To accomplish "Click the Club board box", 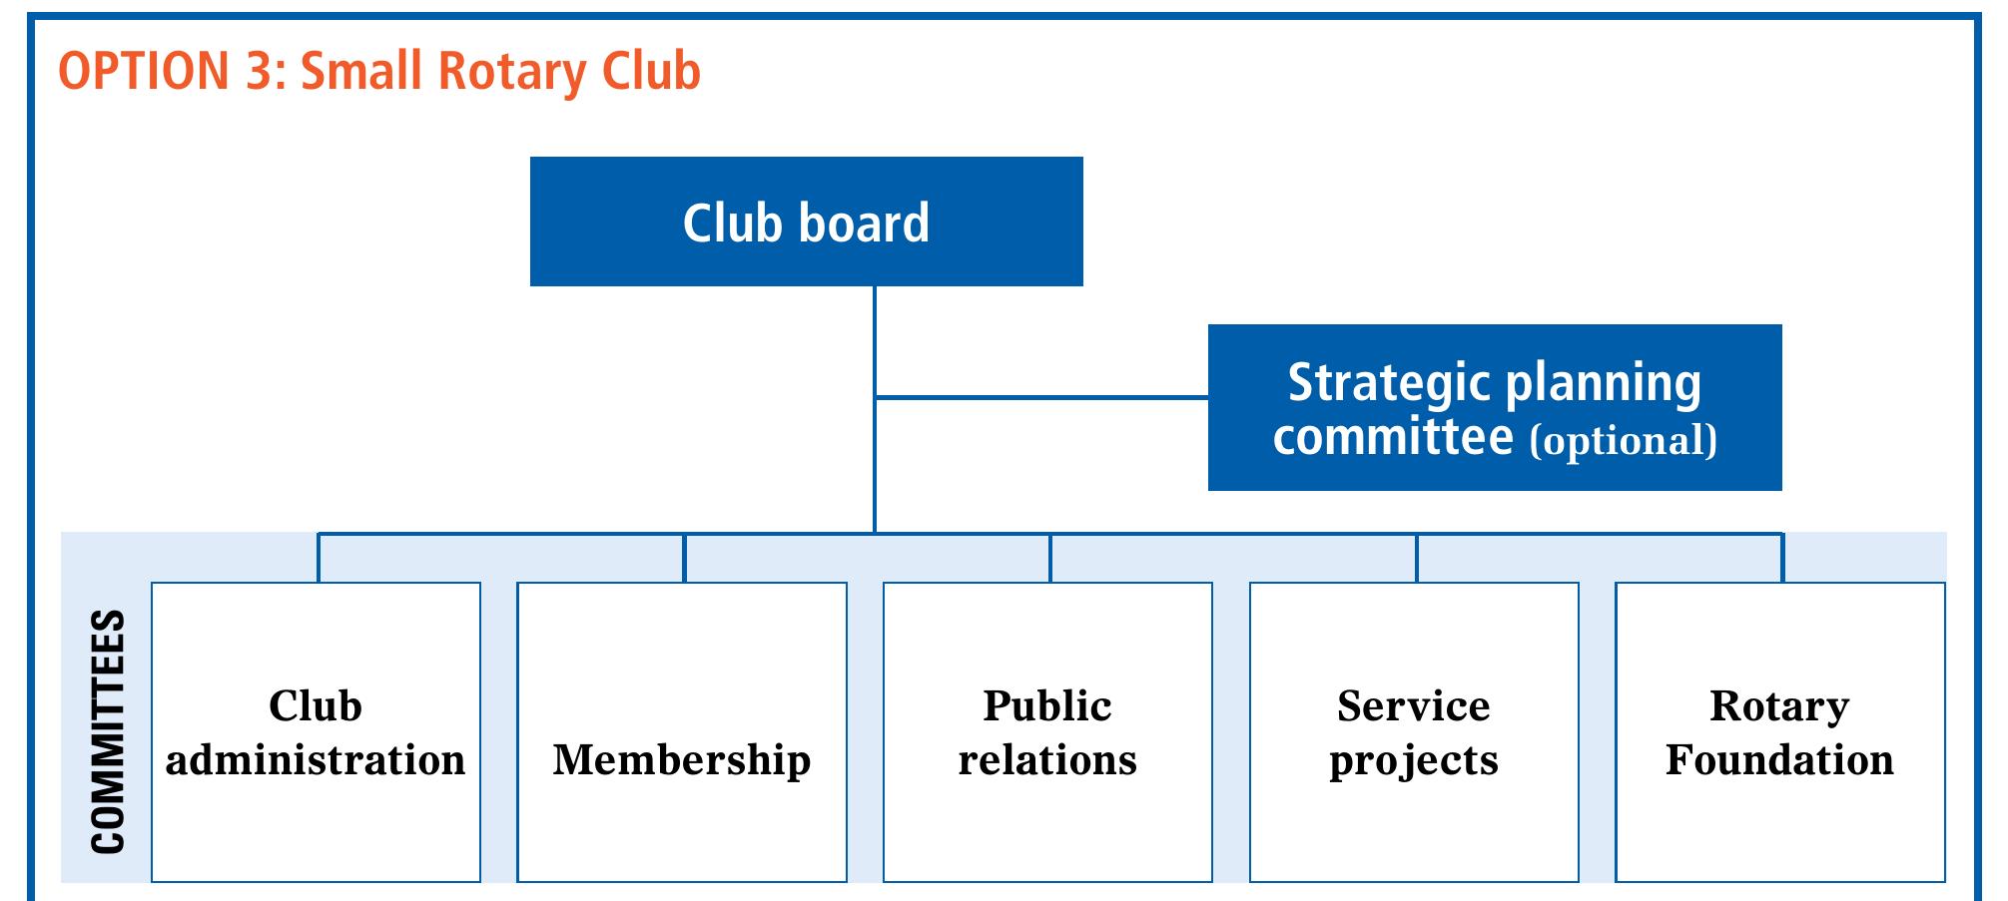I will pyautogui.click(x=806, y=222).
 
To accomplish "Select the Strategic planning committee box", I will pyautogui.click(x=1494, y=407).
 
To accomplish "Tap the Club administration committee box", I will pyautogui.click(x=316, y=731).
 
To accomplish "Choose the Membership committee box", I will pyautogui.click(x=682, y=731).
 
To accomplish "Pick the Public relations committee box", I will pyautogui.click(x=1047, y=731).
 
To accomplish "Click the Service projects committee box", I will pyautogui.click(x=1414, y=731).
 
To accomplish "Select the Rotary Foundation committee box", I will pyautogui.click(x=1779, y=731).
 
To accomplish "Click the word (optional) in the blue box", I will pyautogui.click(x=1623, y=440).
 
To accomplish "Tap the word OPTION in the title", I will pyautogui.click(x=144, y=72).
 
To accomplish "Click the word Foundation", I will pyautogui.click(x=1779, y=760).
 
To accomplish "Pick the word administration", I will pyautogui.click(x=316, y=760).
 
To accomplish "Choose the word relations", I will pyautogui.click(x=1047, y=760).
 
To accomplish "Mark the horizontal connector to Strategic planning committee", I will pyautogui.click(x=1041, y=397).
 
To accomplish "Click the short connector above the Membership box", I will pyautogui.click(x=684, y=559).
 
